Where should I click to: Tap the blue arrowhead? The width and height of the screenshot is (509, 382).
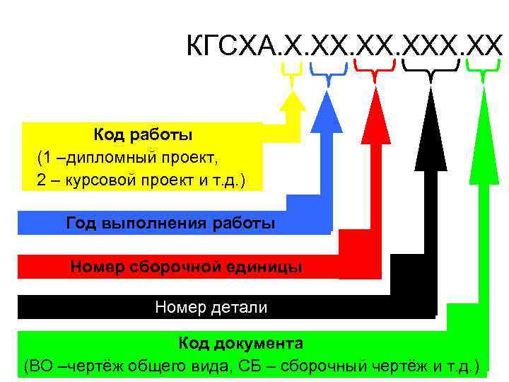coord(327,113)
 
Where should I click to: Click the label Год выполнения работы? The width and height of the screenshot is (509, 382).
coord(170,224)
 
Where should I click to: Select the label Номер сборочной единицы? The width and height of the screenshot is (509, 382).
coord(186,267)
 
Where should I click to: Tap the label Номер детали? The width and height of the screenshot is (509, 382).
coord(211,307)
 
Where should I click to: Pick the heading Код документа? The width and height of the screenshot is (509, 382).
coord(240,344)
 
